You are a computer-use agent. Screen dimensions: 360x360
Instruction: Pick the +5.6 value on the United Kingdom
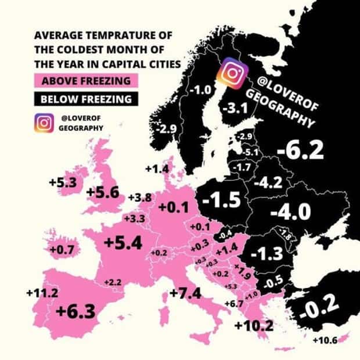102,193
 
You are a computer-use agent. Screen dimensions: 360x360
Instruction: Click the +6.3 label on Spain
75,312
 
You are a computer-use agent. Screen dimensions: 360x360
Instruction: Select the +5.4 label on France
122,243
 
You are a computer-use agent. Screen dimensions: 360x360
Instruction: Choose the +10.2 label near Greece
254,325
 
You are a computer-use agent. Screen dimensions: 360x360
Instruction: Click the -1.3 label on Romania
268,253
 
